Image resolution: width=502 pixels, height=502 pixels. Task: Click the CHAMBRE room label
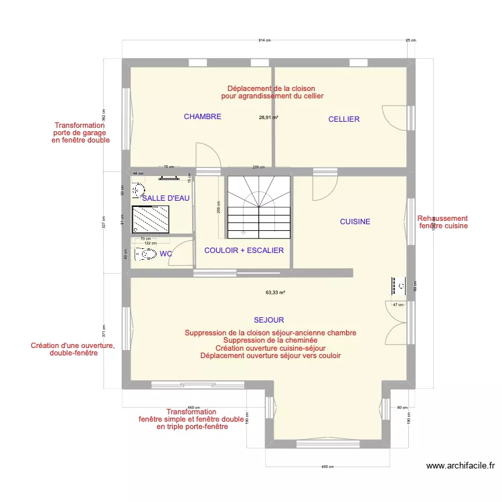(202, 116)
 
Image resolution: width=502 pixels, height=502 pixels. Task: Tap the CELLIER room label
(343, 119)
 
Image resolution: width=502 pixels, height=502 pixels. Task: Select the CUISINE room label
(355, 222)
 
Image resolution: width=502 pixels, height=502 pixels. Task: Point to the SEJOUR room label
(268, 320)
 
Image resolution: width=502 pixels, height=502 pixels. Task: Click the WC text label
(165, 254)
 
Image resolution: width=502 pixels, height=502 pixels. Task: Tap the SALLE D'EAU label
(166, 198)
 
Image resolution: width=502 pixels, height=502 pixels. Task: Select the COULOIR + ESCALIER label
(244, 250)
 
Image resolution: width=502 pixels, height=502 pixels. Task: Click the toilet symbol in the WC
(142, 254)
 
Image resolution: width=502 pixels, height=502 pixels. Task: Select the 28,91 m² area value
(268, 116)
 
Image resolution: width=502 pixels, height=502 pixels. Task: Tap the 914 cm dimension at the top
(264, 40)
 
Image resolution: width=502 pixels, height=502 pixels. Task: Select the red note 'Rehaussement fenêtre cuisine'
(442, 222)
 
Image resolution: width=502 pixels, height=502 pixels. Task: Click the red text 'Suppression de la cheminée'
(270, 341)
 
